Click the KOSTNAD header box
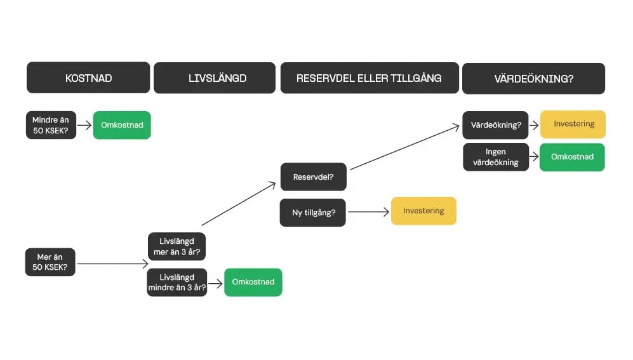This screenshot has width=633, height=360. (88, 78)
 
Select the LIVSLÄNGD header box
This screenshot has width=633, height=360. (215, 78)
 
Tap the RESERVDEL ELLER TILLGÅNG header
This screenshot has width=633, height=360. (370, 78)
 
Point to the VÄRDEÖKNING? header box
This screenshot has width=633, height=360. (533, 79)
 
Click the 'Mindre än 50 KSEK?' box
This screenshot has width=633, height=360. (51, 125)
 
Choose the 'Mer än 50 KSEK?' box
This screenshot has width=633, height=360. (50, 262)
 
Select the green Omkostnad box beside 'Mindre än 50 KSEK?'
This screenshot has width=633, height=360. (122, 125)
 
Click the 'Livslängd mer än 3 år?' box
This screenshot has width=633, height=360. (177, 247)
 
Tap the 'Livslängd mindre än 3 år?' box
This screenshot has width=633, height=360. (177, 283)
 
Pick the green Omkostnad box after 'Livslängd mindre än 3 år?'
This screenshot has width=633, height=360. (253, 282)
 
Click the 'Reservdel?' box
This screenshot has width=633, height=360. (314, 177)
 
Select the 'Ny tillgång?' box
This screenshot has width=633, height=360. (313, 213)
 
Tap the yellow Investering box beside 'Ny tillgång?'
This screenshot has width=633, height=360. (423, 211)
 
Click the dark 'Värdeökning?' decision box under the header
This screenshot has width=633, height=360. (496, 125)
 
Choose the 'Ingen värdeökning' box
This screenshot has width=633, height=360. (496, 157)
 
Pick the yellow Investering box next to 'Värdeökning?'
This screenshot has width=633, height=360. (573, 124)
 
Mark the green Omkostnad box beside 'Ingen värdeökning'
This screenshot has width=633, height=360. (572, 157)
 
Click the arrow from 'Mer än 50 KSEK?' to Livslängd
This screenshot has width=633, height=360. (112, 263)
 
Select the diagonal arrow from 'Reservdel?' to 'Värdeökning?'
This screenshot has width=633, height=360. (404, 147)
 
